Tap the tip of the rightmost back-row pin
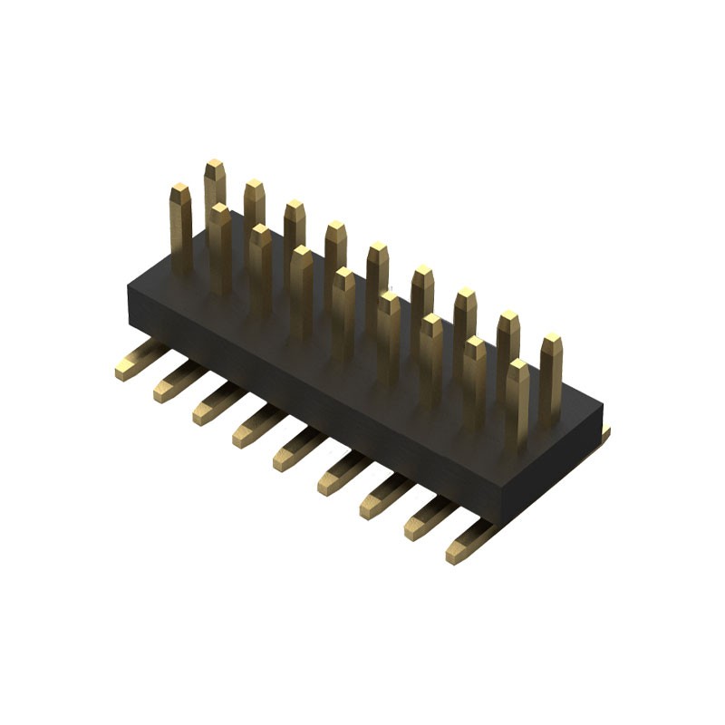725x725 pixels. pyautogui.click(x=551, y=343)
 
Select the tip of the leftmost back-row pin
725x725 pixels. pyautogui.click(x=215, y=167)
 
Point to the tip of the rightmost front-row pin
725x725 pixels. pyautogui.click(x=517, y=367)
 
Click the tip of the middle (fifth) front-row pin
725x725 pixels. pyautogui.click(x=343, y=275)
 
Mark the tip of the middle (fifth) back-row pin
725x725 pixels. pyautogui.click(x=377, y=249)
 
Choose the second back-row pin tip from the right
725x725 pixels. pyautogui.click(x=508, y=319)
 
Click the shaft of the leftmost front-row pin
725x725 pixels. pyautogui.click(x=181, y=236)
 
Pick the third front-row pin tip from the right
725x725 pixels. pyautogui.click(x=432, y=321)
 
